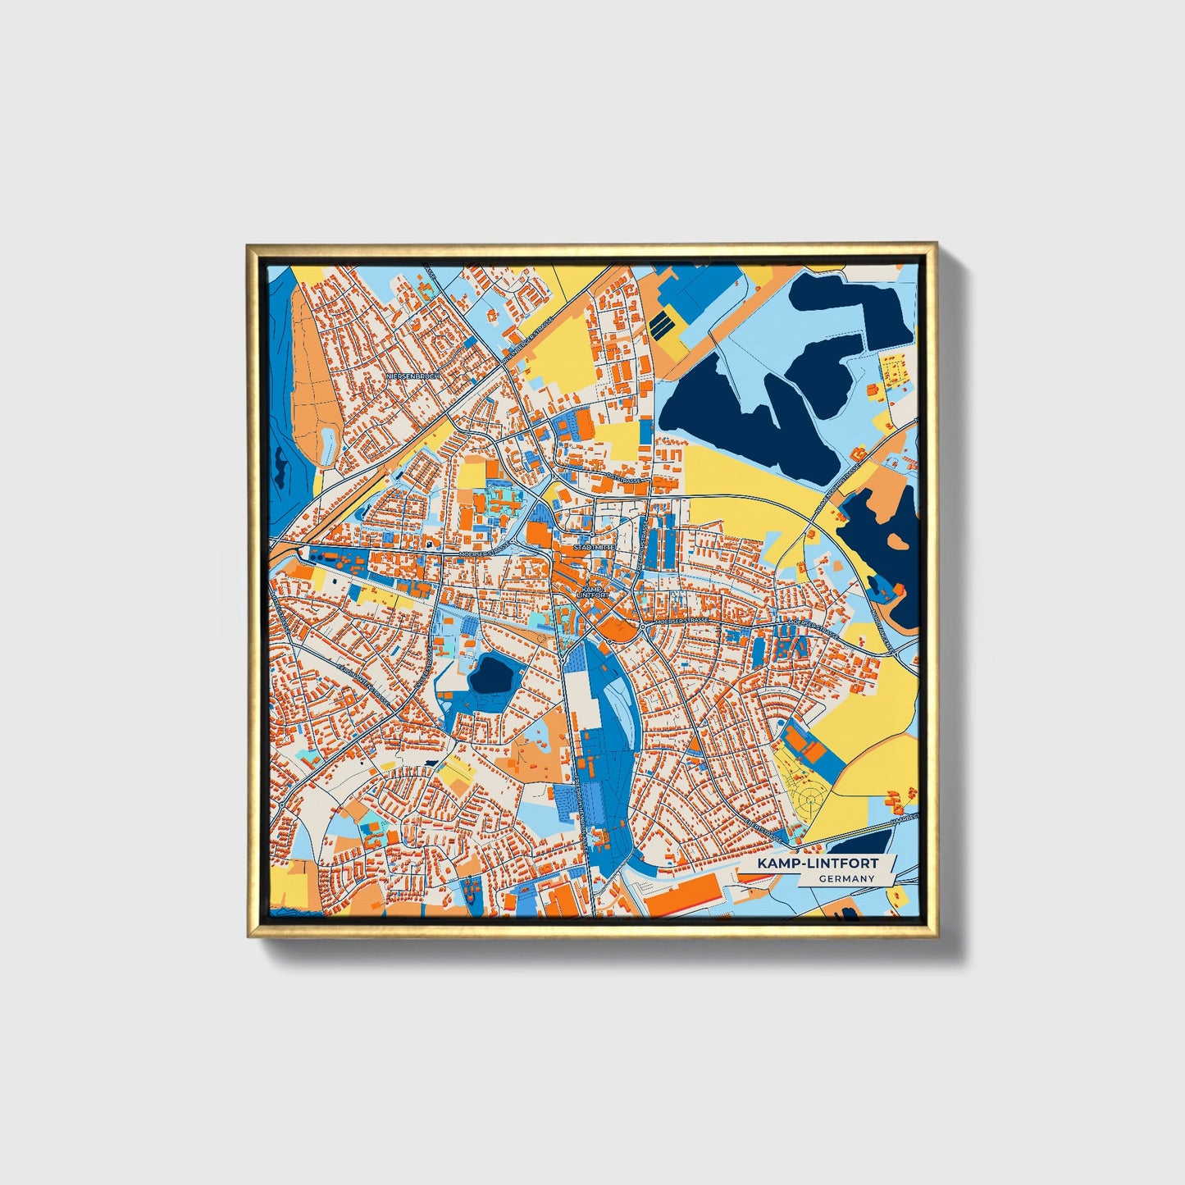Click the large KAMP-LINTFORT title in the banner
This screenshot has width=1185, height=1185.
tap(818, 864)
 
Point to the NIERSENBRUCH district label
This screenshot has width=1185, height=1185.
tap(413, 376)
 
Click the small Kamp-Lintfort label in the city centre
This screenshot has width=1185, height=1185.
tap(594, 592)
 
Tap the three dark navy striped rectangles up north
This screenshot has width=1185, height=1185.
tap(663, 326)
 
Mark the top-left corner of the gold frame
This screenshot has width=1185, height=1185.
tap(248, 245)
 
